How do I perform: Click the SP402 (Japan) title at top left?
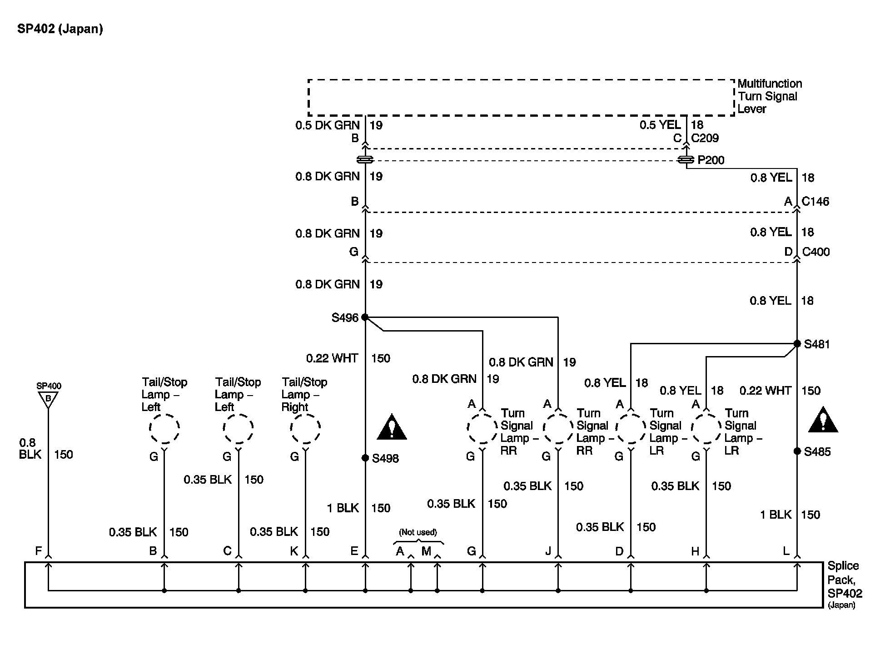[x=60, y=29]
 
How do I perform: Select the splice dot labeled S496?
[x=365, y=317]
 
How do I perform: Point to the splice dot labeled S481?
[x=797, y=344]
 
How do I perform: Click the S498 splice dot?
[x=365, y=458]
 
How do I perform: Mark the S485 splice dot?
[x=797, y=451]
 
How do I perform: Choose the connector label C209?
[x=705, y=138]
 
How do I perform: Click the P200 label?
[x=711, y=160]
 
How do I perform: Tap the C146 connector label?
[x=815, y=201]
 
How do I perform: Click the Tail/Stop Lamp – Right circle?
[x=305, y=428]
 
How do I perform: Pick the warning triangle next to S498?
[x=392, y=428]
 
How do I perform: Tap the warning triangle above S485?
[x=823, y=421]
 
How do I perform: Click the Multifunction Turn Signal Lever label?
[x=769, y=96]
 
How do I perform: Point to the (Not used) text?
[x=418, y=532]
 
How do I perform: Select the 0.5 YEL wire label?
[x=660, y=125]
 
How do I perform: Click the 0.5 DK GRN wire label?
[x=327, y=125]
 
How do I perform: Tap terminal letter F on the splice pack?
[x=39, y=551]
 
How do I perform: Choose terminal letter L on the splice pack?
[x=786, y=551]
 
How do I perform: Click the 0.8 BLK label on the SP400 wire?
[x=30, y=448]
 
